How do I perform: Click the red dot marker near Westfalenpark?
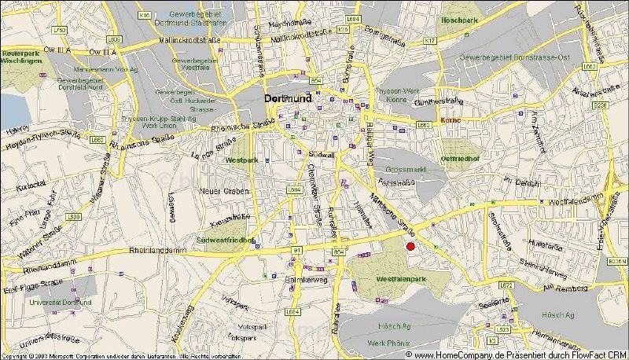[x=410, y=247]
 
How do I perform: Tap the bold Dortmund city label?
[x=286, y=100]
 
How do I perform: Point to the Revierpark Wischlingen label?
[x=21, y=57]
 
